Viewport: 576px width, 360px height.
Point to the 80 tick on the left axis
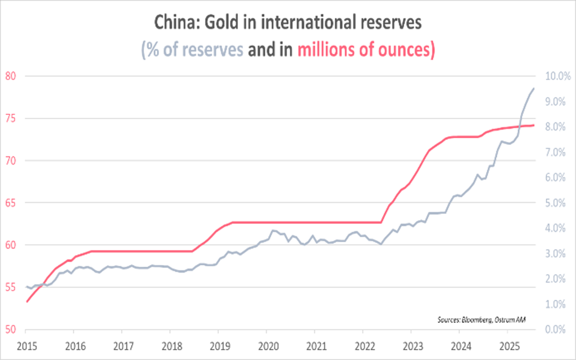pos(10,76)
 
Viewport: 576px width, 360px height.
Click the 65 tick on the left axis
pos(10,203)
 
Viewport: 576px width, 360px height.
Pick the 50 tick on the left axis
pos(10,330)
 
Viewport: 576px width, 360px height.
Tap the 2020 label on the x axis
pos(266,346)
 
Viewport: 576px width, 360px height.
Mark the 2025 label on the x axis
pos(507,346)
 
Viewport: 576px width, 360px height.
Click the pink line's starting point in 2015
pos(26,302)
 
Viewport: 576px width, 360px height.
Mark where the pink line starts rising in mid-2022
pos(382,223)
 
